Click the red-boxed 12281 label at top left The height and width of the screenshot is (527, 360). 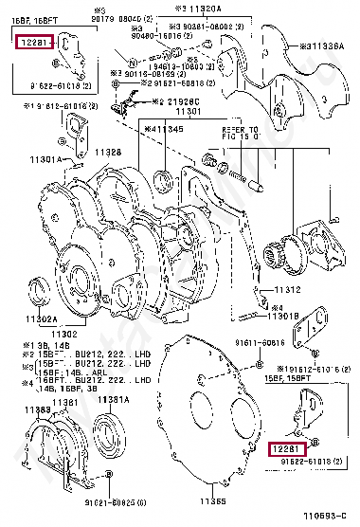point(34,42)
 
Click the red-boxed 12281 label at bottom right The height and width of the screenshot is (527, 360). point(287,447)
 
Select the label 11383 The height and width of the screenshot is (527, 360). point(38,409)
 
